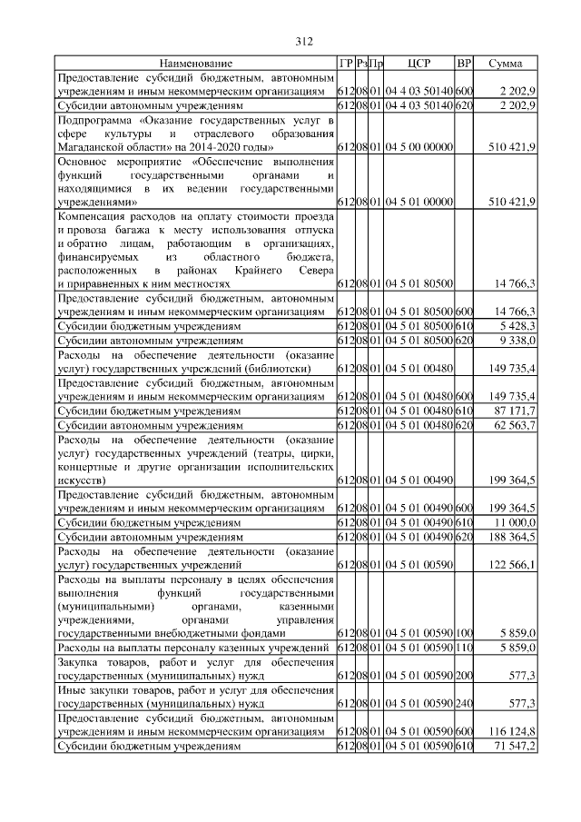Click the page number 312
[304, 41]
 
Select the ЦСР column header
[419, 64]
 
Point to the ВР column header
[464, 64]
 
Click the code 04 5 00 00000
[419, 146]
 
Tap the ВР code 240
[464, 703]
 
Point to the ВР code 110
[464, 648]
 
